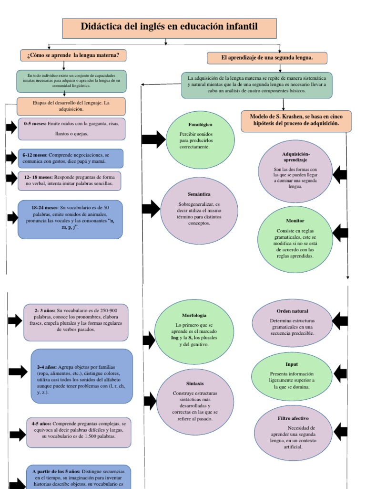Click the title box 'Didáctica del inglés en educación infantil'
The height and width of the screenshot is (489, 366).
(169, 28)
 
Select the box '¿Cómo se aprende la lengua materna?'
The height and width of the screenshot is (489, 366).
(73, 55)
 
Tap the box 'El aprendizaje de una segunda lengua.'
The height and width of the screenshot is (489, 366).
(267, 58)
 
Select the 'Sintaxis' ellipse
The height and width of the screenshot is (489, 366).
(195, 402)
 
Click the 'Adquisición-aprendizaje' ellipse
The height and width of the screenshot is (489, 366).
(295, 170)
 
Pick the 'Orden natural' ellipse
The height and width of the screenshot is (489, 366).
(292, 322)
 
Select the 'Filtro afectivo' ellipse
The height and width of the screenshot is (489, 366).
(293, 433)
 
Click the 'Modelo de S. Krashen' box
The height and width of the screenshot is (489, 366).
(296, 121)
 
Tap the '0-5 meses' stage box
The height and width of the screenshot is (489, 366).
(71, 128)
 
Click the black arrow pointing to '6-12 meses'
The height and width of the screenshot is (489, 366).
(11, 157)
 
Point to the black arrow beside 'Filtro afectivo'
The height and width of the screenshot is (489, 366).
(340, 432)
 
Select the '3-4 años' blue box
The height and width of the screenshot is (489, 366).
(81, 376)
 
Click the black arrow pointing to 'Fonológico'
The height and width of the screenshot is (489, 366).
(153, 139)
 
